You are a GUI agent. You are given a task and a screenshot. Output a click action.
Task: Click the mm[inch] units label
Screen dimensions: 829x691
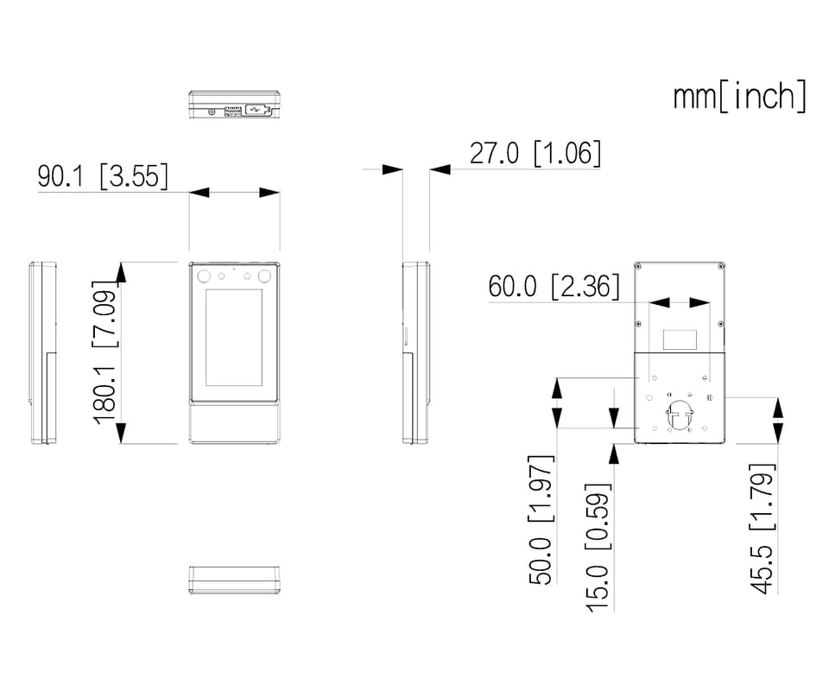pos(740,96)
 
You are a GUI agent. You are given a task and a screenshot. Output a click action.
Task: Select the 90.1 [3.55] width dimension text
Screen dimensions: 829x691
pos(103,176)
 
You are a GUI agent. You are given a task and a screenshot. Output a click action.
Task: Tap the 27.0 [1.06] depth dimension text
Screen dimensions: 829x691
pos(535,154)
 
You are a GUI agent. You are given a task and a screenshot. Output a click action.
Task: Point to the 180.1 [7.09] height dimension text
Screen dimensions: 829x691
pos(104,352)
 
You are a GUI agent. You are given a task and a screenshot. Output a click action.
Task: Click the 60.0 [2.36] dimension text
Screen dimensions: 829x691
pos(554,287)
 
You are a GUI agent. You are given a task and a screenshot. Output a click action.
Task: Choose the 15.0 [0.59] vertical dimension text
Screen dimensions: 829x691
pos(598,548)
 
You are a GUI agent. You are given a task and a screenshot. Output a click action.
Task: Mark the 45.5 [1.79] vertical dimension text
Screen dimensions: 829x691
pos(762,528)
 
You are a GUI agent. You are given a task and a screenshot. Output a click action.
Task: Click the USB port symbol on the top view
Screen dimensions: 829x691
pos(257,110)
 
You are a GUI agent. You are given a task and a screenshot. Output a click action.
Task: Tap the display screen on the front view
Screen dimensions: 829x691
pos(234,338)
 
